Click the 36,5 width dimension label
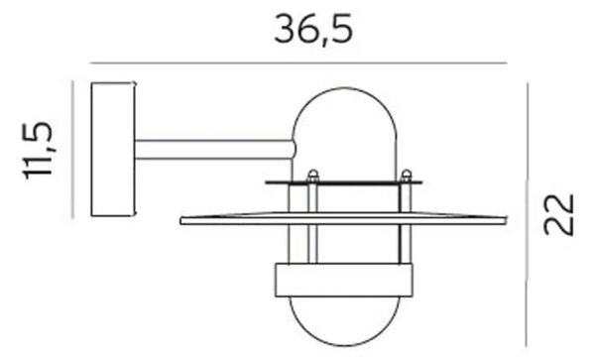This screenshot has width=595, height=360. [313, 29]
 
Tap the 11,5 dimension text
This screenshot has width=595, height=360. [38, 150]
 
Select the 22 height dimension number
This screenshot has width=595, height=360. [558, 214]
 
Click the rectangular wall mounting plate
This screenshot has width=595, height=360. [113, 150]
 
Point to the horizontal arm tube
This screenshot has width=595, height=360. [215, 150]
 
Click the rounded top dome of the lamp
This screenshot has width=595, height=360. [345, 89]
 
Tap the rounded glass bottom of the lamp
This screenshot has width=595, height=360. [344, 344]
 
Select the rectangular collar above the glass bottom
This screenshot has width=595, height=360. [344, 280]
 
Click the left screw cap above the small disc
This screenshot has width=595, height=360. [313, 175]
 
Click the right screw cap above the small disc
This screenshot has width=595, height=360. [406, 175]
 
